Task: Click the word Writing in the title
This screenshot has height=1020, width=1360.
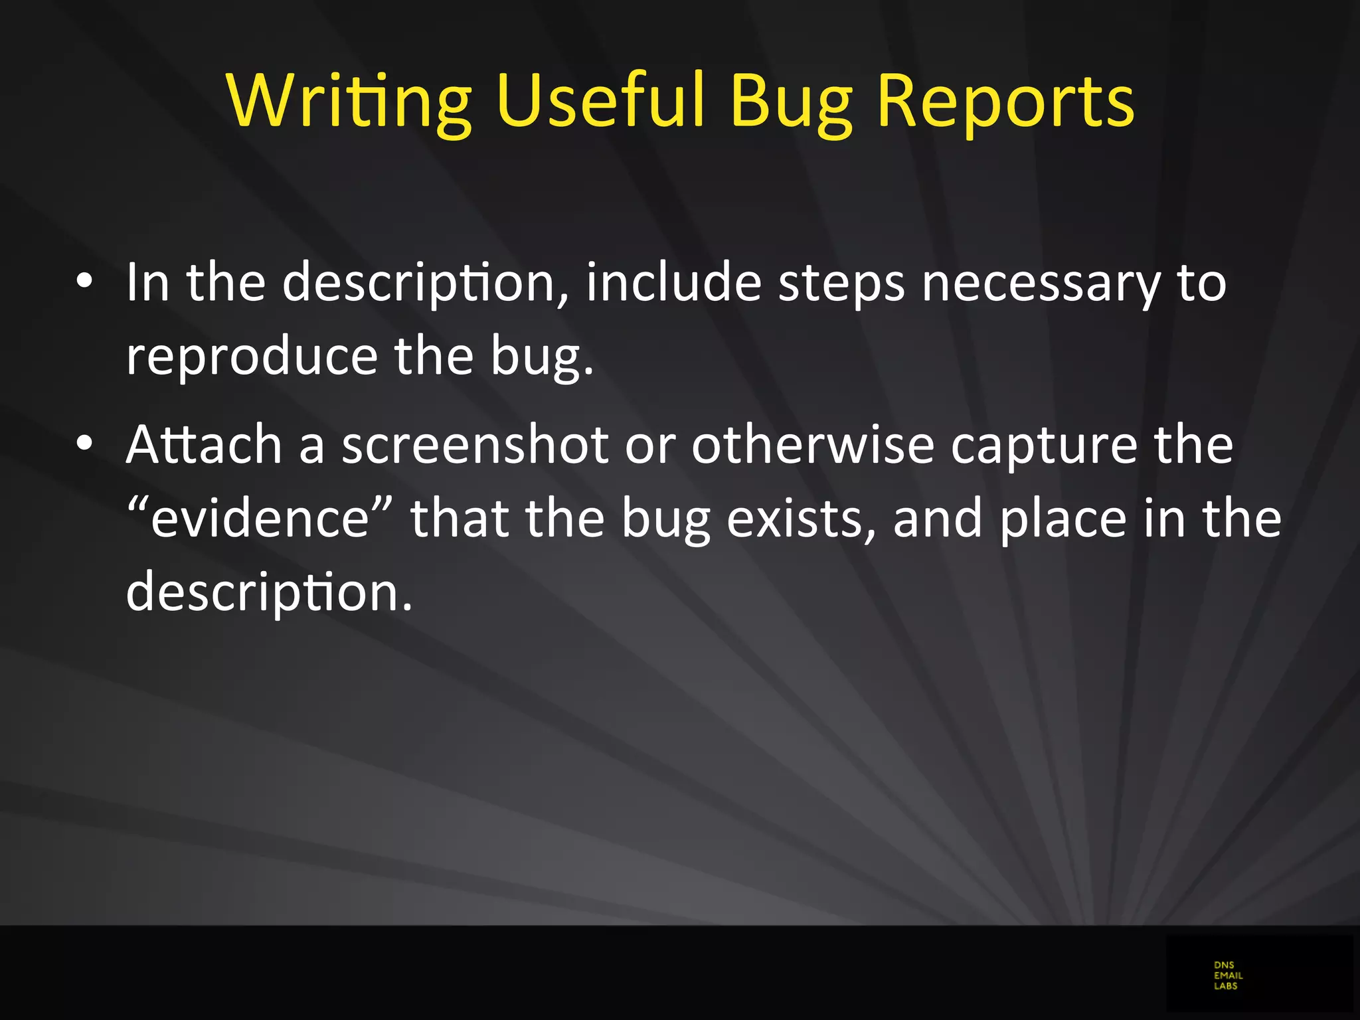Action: [x=349, y=101]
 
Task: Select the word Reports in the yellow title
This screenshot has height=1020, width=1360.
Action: [x=1005, y=101]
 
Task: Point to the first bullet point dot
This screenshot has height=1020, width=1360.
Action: [x=84, y=282]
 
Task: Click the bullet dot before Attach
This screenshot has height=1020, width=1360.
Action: [x=84, y=444]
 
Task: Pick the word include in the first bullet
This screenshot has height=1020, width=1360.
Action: [x=673, y=282]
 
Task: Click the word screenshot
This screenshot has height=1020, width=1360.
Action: [x=475, y=444]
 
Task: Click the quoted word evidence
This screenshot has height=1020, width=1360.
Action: [x=260, y=518]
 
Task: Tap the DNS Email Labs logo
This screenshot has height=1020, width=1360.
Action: [x=1228, y=976]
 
